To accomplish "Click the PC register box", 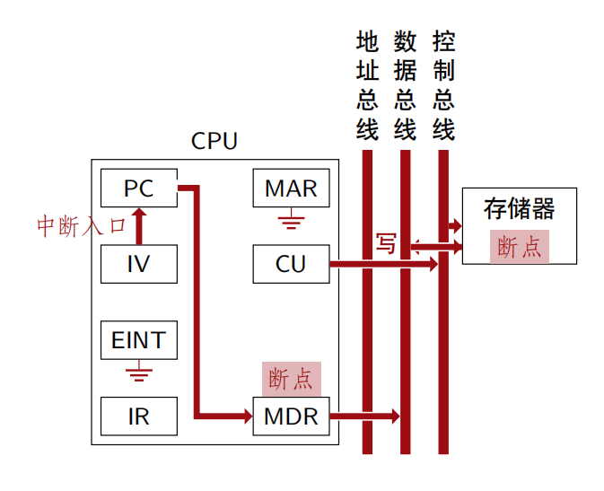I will pos(139,189).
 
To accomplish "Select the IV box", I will pos(139,264).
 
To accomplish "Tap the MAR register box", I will pos(291,189).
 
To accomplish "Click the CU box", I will pos(291,264).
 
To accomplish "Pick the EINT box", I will pos(139,341).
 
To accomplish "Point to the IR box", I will pos(139,416).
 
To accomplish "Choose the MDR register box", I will pos(291,416).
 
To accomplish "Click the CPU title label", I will pos(214,142).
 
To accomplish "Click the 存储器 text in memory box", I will pos(519,209).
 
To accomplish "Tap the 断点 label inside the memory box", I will pos(519,247).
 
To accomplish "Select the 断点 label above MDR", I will pos(291,378).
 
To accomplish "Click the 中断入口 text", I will pos(82,226).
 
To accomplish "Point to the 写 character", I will pos(386,244).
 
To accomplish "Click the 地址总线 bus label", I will pos(367,85).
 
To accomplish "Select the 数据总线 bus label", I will pos(405,85).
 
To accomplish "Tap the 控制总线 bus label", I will pos(443,85).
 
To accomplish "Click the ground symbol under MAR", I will pos(291,218).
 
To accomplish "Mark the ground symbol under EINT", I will pos(139,370).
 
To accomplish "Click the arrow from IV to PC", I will pos(139,226).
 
